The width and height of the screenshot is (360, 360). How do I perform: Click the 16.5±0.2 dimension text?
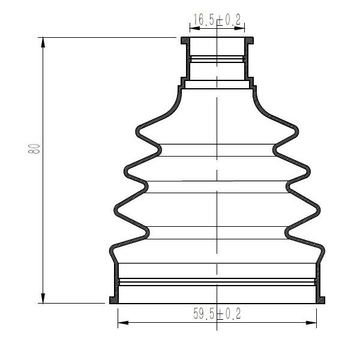click(x=217, y=19)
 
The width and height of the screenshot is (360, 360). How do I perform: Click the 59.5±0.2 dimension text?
click(x=217, y=314)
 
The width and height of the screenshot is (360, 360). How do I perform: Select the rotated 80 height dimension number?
click(x=34, y=149)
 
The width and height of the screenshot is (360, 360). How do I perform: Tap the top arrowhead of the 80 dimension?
click(x=43, y=42)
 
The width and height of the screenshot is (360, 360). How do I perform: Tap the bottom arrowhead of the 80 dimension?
click(x=43, y=298)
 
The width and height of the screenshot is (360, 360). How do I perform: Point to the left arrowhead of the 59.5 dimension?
click(x=123, y=323)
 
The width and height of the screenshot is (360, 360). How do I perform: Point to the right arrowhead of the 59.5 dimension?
click(x=311, y=323)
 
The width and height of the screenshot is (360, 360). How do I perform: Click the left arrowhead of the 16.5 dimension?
click(x=195, y=28)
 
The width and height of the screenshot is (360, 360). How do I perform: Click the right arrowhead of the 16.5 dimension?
click(x=239, y=28)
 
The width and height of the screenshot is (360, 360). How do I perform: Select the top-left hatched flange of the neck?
click(x=185, y=40)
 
